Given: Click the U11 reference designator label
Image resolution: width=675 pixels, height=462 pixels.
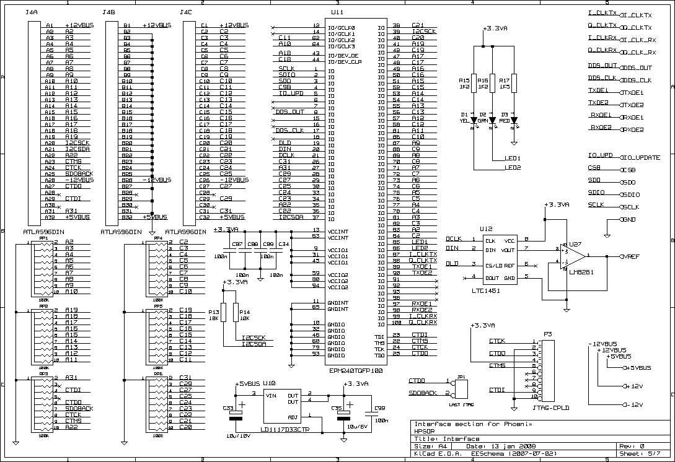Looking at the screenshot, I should (x=337, y=12).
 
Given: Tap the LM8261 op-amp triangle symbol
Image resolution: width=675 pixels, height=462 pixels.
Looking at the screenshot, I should (x=571, y=255).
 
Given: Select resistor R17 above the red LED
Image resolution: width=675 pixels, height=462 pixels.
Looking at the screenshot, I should (x=514, y=82).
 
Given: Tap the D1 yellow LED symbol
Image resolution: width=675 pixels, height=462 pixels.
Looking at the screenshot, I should (x=474, y=120).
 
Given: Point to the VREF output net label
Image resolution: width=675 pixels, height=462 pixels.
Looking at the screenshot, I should (x=632, y=256).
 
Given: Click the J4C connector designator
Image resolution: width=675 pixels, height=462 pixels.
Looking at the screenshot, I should (x=185, y=12).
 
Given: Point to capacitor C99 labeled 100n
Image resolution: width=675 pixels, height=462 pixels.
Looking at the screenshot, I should (x=371, y=413).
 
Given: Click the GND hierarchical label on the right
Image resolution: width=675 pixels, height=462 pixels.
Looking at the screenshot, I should (x=629, y=220).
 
